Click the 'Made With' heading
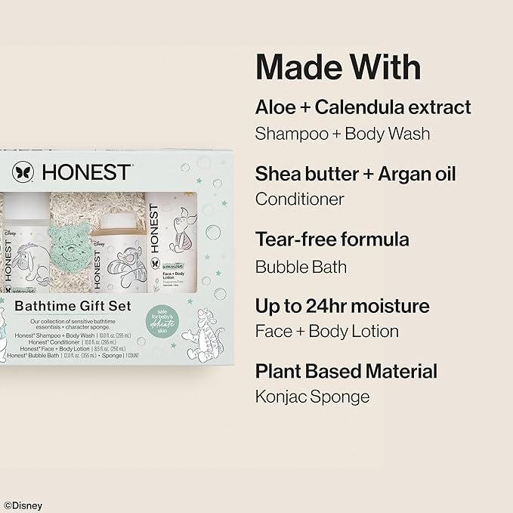point(338,68)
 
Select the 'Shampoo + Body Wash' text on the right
point(342,134)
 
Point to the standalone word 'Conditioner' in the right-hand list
point(300,199)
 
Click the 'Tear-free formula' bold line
point(332,240)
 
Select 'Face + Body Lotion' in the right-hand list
point(327,332)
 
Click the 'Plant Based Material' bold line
point(346,372)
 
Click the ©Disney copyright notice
point(22,505)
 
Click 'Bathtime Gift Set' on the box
point(73,307)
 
